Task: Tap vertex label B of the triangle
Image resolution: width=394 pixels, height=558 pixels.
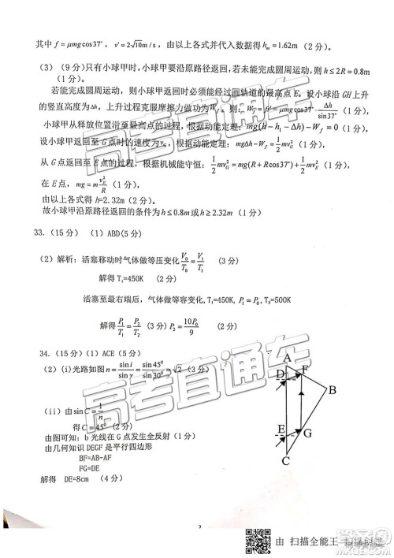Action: [333, 390]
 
